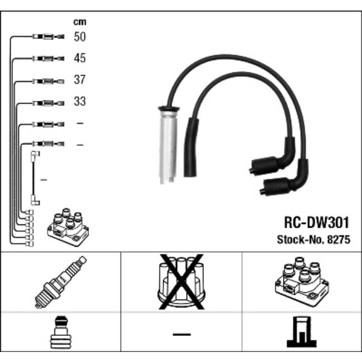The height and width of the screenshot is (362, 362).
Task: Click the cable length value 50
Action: pyautogui.click(x=80, y=37)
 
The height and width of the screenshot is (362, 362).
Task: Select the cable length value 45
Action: pyautogui.click(x=80, y=58)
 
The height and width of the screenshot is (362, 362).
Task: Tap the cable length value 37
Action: pyautogui.click(x=80, y=80)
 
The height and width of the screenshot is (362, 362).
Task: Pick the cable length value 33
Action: pyautogui.click(x=80, y=102)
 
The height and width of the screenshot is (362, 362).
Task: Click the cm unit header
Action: pyautogui.click(x=80, y=22)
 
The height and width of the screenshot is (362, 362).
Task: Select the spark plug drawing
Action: pyautogui.click(x=60, y=282)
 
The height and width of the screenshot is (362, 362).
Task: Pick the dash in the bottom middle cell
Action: pyautogui.click(x=181, y=334)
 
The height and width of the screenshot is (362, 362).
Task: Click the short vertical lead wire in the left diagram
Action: pyautogui.click(x=35, y=178)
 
